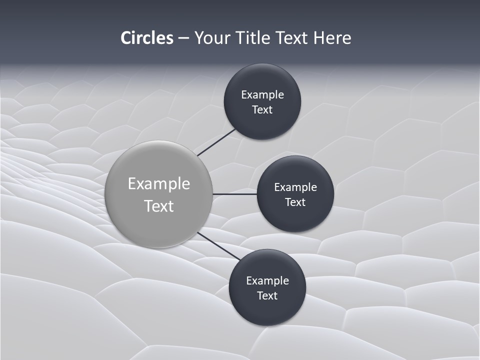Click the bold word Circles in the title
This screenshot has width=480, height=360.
pyautogui.click(x=147, y=38)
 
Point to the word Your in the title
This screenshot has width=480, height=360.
pyautogui.click(x=212, y=38)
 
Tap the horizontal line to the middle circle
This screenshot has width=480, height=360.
pyautogui.click(x=234, y=194)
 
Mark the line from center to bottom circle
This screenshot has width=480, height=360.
pyautogui.click(x=218, y=246)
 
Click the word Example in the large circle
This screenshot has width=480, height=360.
pyautogui.click(x=159, y=184)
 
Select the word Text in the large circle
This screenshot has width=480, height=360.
pyautogui.click(x=159, y=206)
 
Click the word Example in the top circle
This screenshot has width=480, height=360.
pyautogui.click(x=262, y=95)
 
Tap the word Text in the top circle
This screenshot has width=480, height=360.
pyautogui.click(x=262, y=110)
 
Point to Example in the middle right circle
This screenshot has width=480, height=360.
pyautogui.click(x=295, y=187)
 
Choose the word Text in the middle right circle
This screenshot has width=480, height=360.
pyautogui.click(x=295, y=202)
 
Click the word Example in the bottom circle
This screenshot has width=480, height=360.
pyautogui.click(x=267, y=281)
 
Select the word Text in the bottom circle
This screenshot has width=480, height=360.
pyautogui.click(x=267, y=296)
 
